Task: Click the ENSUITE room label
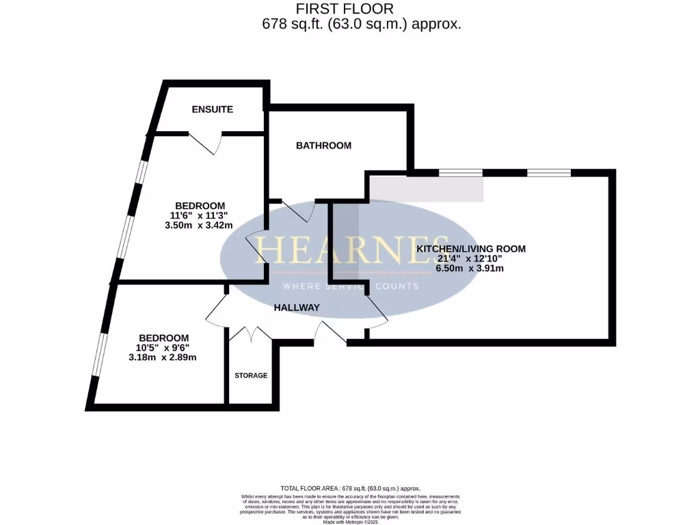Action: [x=212, y=109]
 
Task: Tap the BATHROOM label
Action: [x=323, y=146]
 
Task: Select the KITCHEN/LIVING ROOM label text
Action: [x=471, y=249]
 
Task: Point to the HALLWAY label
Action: [x=297, y=308]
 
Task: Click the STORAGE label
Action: [x=251, y=375]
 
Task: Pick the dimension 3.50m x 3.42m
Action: [x=200, y=226]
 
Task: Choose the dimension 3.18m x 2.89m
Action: [x=164, y=358]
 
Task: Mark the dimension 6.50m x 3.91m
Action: [x=471, y=269]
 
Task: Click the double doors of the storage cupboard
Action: [x=251, y=334]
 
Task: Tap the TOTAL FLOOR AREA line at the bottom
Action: [x=349, y=488]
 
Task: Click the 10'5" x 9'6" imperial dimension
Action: [x=164, y=347]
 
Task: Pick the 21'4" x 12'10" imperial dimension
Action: [x=471, y=258]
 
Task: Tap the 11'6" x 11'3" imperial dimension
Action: [x=200, y=215]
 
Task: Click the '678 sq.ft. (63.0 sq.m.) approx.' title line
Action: [x=362, y=24]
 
